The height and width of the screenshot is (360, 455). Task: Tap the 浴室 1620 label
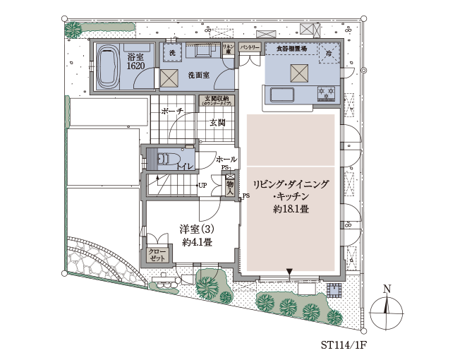point(135,61)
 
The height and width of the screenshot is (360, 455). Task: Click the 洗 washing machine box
point(171,52)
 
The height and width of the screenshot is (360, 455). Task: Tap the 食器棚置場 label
point(290,48)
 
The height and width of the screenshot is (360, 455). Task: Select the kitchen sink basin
point(281,95)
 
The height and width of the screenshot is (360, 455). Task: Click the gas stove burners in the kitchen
point(326,92)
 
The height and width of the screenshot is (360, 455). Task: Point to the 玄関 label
point(217,123)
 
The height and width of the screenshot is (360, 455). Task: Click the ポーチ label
point(172,112)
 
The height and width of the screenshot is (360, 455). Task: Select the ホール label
point(225,159)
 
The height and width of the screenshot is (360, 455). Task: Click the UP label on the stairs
point(202,185)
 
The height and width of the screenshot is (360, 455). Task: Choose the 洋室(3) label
point(197,229)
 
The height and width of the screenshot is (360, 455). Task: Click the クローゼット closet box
point(157,255)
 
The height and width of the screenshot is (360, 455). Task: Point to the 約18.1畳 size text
point(290,210)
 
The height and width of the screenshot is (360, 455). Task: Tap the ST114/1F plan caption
point(344,346)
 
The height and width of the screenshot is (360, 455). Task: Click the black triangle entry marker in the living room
point(289,271)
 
